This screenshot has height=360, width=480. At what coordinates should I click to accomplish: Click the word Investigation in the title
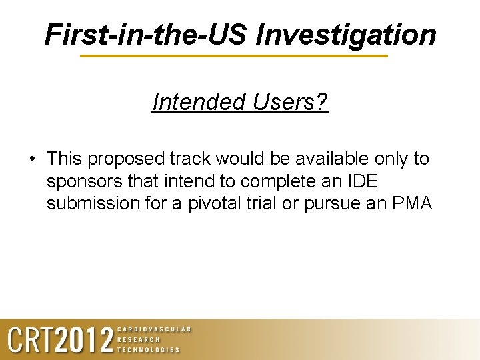point(346,35)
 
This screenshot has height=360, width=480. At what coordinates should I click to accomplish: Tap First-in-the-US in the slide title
point(147,35)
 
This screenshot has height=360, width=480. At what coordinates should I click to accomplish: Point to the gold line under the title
point(233,56)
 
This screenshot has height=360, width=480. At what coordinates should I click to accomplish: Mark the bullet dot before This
point(32,159)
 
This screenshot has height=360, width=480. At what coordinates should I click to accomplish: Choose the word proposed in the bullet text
point(127,159)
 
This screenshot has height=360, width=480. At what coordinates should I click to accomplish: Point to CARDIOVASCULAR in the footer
point(154,329)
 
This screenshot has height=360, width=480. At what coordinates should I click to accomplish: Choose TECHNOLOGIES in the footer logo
point(149,349)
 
